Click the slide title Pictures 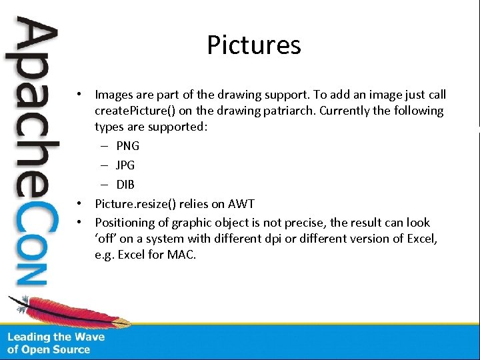tap(253, 45)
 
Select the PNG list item tap(127, 146)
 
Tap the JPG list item tap(127, 165)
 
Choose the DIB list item tap(125, 185)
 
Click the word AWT tap(241, 204)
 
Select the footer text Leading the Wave tap(56, 337)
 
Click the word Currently tap(346, 111)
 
